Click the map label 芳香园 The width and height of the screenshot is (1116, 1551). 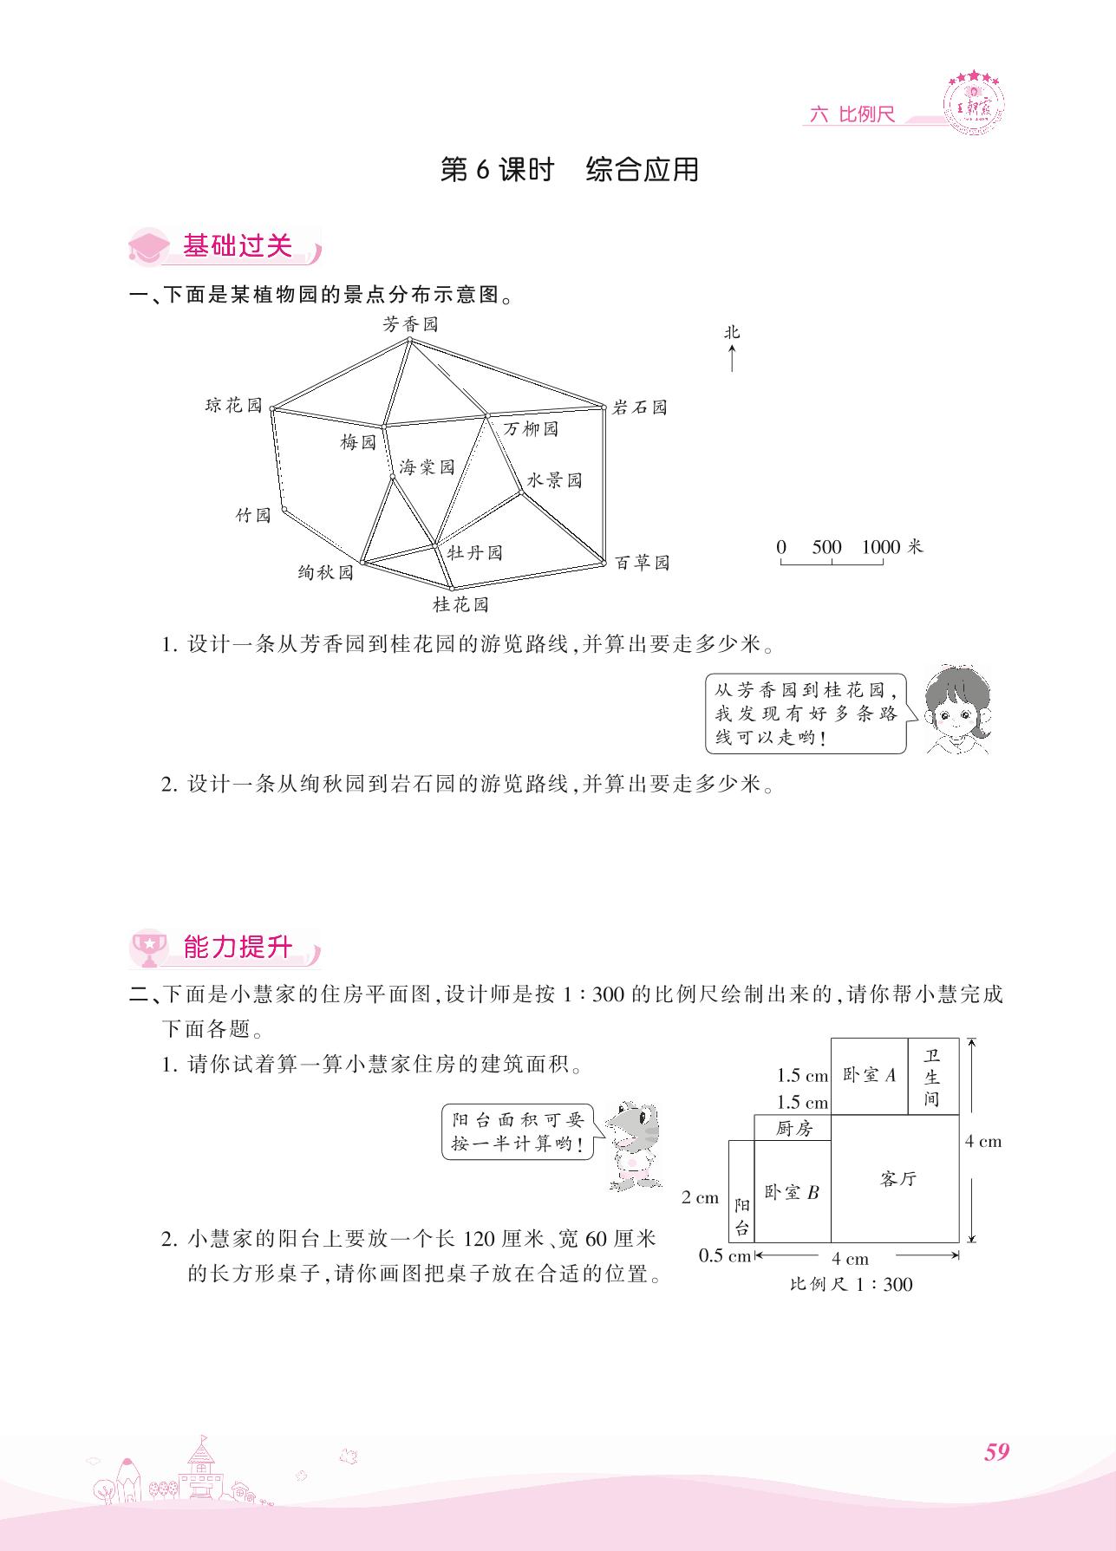(x=411, y=324)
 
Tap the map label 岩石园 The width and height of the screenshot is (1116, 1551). (x=640, y=407)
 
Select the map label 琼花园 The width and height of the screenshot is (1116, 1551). (x=233, y=405)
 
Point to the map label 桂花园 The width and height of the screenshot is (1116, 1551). (x=461, y=604)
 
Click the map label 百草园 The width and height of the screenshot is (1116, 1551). (x=643, y=563)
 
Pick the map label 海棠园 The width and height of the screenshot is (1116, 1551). (x=427, y=467)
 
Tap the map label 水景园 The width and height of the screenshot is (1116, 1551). (x=555, y=480)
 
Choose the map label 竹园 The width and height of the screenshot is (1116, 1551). (x=254, y=515)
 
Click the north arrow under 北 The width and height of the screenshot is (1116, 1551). (x=733, y=358)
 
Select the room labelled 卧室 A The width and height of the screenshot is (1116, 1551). (x=869, y=1076)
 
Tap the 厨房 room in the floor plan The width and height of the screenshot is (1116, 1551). (x=793, y=1128)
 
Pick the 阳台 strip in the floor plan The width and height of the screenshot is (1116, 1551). (x=741, y=1192)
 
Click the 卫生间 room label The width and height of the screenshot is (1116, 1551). (x=933, y=1077)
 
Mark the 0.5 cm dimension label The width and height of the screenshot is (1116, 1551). (x=724, y=1255)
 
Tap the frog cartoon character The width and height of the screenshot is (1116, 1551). (x=632, y=1144)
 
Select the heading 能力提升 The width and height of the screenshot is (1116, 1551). (x=238, y=948)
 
